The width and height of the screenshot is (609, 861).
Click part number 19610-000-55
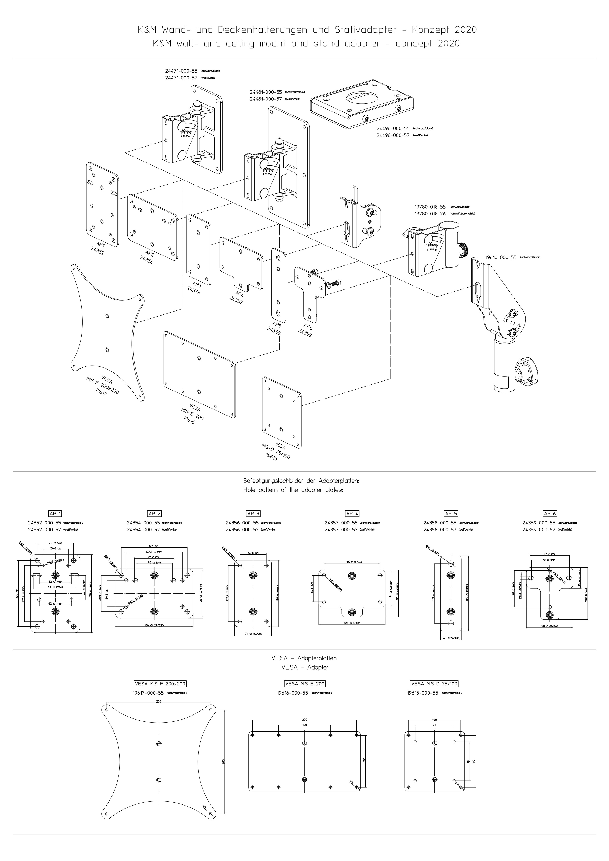(x=500, y=258)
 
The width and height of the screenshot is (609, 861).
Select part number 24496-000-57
(x=392, y=135)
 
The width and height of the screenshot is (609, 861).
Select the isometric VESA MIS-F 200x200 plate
(x=107, y=330)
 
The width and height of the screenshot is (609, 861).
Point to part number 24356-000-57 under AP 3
(x=242, y=530)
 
